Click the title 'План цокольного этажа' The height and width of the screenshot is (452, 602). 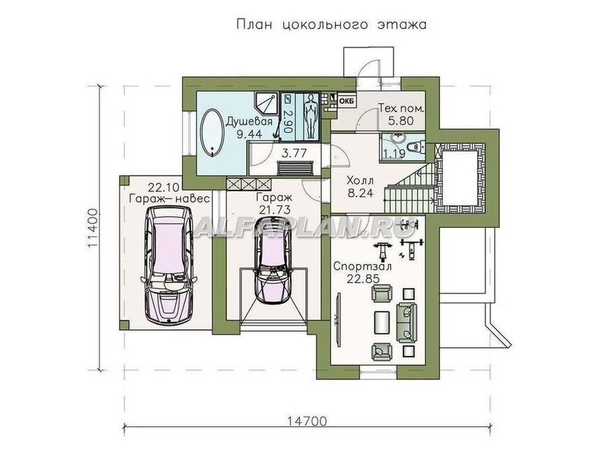[331, 25]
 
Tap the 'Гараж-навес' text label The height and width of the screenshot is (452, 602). [168, 199]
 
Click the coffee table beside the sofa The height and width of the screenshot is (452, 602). [383, 320]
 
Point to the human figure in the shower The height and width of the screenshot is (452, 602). [311, 116]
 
